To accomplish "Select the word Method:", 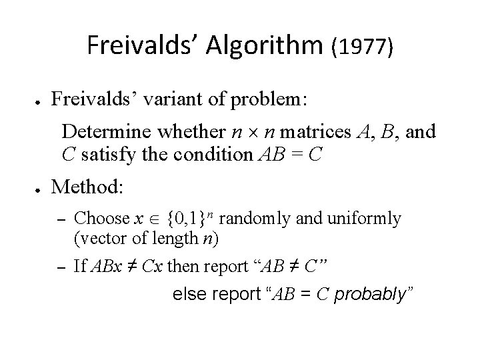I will pos(87,187).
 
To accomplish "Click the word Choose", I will pos(101,218).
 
